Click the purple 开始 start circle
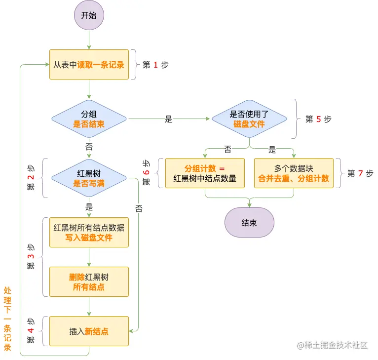tap(89, 15)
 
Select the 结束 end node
tap(249, 222)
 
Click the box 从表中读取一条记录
tap(89, 64)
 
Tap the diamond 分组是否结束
tap(89, 119)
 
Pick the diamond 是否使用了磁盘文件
tap(249, 119)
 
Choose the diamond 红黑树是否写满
tap(89, 178)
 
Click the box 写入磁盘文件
tap(89, 232)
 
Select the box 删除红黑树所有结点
tap(89, 281)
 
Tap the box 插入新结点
tap(89, 331)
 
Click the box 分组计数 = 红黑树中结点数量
tap(205, 173)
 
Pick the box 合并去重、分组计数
tap(294, 173)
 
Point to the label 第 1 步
tap(155, 65)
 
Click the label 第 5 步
tap(318, 119)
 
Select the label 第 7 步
tap(360, 173)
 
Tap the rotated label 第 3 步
tap(31, 257)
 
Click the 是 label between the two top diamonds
tap(168, 119)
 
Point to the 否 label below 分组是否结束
tap(89, 147)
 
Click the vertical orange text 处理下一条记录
tap(7, 319)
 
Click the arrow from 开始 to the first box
tap(89, 40)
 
